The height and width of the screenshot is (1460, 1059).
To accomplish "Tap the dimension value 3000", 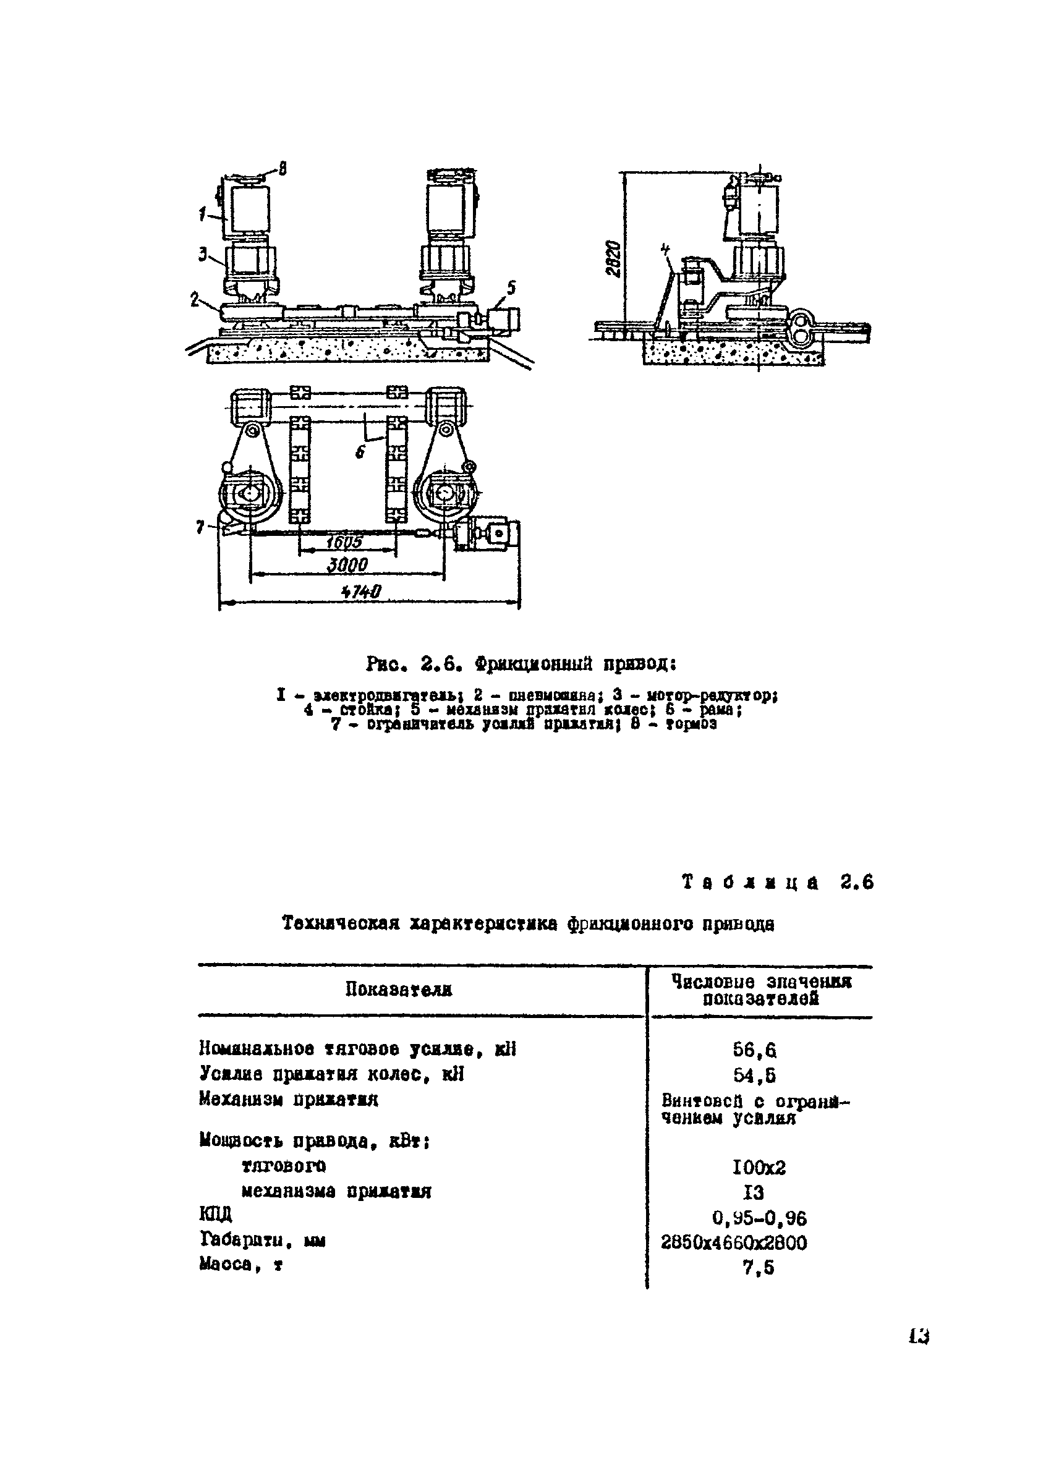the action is [x=347, y=565].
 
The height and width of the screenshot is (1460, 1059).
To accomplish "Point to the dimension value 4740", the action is [x=361, y=592].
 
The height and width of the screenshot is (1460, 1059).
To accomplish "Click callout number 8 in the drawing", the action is [x=283, y=169].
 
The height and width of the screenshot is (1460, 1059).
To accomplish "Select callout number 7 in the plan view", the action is [x=200, y=527].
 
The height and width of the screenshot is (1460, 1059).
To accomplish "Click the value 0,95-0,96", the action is [x=759, y=1218].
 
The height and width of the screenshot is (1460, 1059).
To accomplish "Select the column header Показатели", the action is [x=399, y=990].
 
